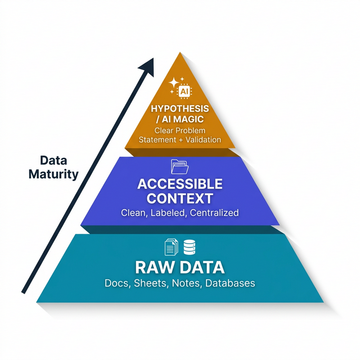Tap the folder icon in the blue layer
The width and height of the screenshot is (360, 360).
pyautogui.click(x=179, y=166)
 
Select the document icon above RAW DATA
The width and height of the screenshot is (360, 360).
pyautogui.click(x=170, y=247)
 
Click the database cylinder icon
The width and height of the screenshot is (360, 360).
pyautogui.click(x=189, y=247)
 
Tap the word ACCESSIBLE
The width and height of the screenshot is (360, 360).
pyautogui.click(x=180, y=184)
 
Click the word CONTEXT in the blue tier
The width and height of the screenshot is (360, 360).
pyautogui.click(x=180, y=199)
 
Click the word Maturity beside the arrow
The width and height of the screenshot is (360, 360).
pyautogui.click(x=54, y=174)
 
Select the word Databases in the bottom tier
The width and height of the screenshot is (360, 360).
pyautogui.click(x=229, y=283)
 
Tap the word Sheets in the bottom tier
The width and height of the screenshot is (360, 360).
pyautogui.click(x=149, y=283)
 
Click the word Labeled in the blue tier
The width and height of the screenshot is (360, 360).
pyautogui.click(x=169, y=213)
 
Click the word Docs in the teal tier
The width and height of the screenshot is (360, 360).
pyautogui.click(x=116, y=283)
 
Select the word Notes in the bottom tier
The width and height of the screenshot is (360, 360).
pyautogui.click(x=185, y=283)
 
